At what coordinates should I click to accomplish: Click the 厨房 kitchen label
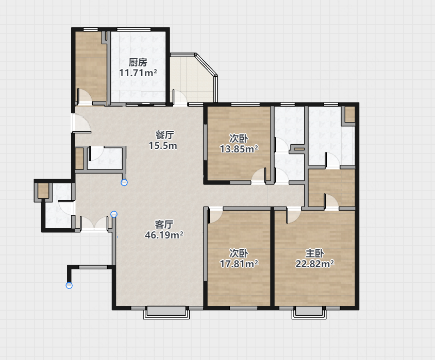(x=138, y=62)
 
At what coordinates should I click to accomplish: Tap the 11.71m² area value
(x=138, y=73)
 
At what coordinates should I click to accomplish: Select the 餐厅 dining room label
(x=164, y=135)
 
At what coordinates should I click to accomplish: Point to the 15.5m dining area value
(x=163, y=146)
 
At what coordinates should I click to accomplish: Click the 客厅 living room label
(x=164, y=224)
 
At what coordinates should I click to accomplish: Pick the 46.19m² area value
(x=164, y=235)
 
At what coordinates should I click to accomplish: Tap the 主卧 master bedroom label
(x=314, y=253)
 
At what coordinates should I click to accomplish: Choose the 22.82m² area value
(x=314, y=264)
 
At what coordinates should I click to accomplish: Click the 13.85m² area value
(x=239, y=149)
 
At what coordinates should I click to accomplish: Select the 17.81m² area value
(x=239, y=264)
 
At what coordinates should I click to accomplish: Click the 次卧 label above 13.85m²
(x=239, y=139)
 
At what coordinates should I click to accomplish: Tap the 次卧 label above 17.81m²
(x=239, y=253)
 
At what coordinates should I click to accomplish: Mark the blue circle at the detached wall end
(x=69, y=285)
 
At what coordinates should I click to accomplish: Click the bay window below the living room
(x=166, y=312)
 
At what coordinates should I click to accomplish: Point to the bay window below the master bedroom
(x=309, y=312)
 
